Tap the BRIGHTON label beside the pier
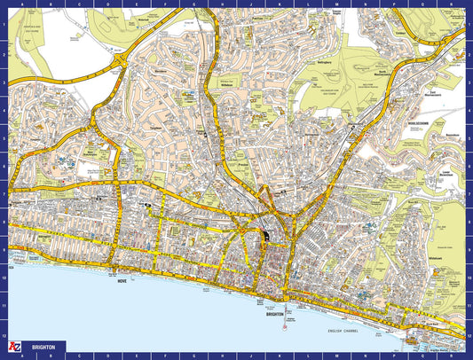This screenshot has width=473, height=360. (275, 313)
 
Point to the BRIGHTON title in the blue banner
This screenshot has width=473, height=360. (43, 348)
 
